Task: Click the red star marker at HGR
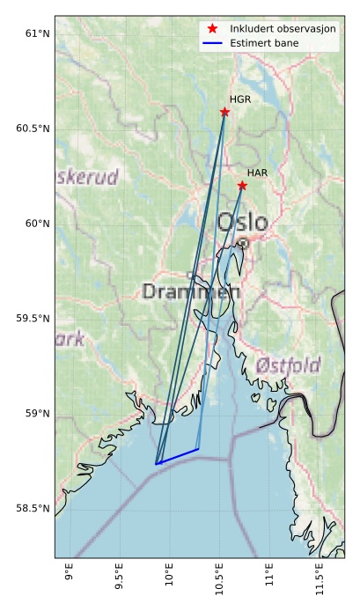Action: (224, 112)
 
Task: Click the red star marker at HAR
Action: (242, 185)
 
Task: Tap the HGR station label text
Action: (240, 99)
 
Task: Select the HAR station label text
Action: (257, 173)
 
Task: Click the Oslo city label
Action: (242, 223)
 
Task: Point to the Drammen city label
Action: (191, 291)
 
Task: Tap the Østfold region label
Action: (288, 364)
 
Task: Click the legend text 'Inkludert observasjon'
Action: (277, 29)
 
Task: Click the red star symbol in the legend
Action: (212, 29)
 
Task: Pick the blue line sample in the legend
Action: (212, 43)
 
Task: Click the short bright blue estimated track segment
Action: (177, 456)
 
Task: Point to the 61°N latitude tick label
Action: (37, 33)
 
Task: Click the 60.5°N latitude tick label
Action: (33, 129)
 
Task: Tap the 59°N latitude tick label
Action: (37, 414)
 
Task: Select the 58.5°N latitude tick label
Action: (33, 509)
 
